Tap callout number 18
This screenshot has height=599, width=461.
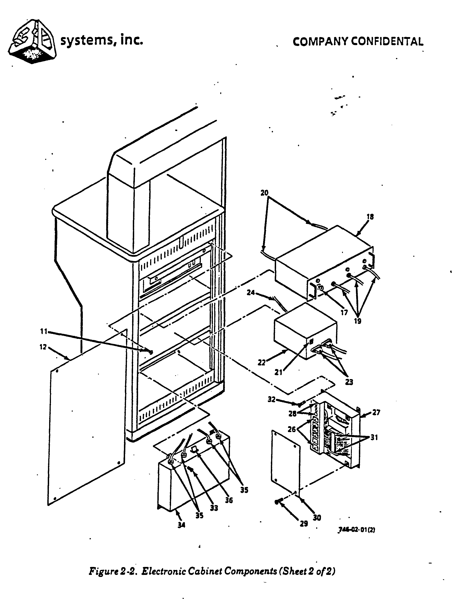tap(370, 217)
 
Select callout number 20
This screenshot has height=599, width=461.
tap(264, 193)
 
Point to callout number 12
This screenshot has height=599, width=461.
tap(43, 347)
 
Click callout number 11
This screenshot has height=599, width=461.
tap(44, 332)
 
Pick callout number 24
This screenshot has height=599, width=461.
tap(251, 293)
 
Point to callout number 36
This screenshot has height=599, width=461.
tap(229, 500)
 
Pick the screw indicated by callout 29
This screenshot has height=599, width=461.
tap(277, 502)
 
